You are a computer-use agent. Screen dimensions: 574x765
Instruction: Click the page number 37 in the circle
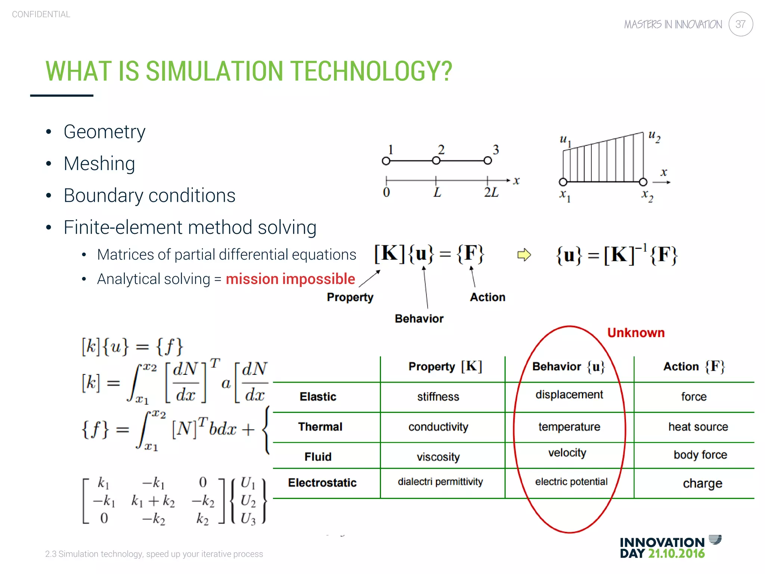click(x=740, y=24)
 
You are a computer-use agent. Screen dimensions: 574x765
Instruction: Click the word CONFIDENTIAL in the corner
click(x=41, y=14)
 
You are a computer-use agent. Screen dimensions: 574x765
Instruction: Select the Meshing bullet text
click(x=99, y=164)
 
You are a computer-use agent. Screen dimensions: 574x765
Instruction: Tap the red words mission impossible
click(x=290, y=279)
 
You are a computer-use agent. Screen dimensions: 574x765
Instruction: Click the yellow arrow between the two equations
click(x=524, y=255)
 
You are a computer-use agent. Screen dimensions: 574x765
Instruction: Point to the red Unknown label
click(x=636, y=333)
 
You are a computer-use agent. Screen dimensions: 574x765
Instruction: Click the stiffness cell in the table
click(x=438, y=396)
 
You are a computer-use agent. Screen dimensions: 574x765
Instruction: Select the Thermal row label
click(x=320, y=427)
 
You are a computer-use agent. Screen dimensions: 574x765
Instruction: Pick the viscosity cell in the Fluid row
click(x=438, y=457)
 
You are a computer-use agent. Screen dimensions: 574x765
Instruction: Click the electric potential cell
click(x=571, y=482)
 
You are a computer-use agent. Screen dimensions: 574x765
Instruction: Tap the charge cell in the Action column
click(x=702, y=483)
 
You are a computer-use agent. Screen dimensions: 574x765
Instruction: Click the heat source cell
click(x=698, y=427)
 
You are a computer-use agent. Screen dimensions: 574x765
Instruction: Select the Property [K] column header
click(x=445, y=367)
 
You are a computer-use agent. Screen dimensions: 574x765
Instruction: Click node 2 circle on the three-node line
click(x=436, y=161)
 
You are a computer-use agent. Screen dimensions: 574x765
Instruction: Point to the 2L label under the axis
click(x=491, y=192)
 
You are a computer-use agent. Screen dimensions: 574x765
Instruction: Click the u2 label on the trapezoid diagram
click(x=654, y=136)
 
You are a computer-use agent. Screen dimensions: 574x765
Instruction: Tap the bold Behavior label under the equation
click(x=419, y=319)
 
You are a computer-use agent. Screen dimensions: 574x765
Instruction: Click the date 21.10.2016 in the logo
click(x=676, y=553)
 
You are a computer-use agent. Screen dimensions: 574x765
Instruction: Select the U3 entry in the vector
click(x=248, y=519)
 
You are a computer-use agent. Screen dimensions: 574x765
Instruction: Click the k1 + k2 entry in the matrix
click(x=153, y=501)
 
